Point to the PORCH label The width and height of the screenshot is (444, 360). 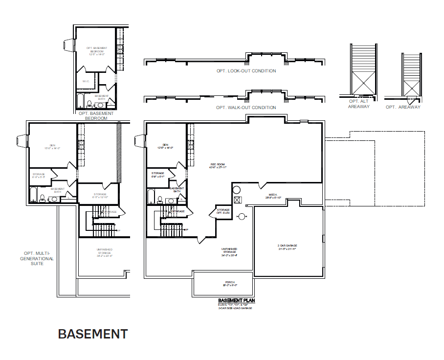tap(230, 284)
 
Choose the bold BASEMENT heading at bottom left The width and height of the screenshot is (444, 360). tap(93, 334)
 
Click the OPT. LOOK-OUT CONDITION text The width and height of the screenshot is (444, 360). tap(246, 71)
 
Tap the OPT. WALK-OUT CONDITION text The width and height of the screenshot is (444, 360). tap(246, 108)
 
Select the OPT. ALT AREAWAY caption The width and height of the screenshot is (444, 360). tap(359, 104)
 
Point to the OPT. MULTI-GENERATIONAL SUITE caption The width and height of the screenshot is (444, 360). tap(37, 258)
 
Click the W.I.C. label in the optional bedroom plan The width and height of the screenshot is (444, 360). tap(86, 81)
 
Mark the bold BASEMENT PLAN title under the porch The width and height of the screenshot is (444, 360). tap(237, 300)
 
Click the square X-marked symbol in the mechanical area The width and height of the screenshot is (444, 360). tap(238, 200)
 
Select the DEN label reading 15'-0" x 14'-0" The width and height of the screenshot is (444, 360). tap(52, 147)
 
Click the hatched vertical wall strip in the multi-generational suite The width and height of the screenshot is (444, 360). tap(118, 153)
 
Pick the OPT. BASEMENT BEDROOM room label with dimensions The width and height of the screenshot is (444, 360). tap(96, 51)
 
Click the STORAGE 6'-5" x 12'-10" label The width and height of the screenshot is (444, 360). tap(100, 196)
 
